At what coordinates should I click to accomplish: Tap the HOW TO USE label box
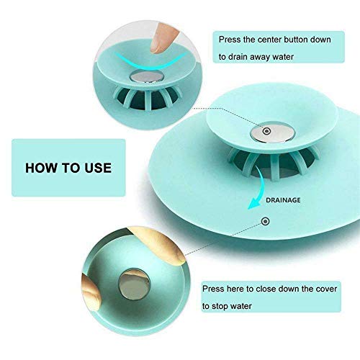coord(68,168)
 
